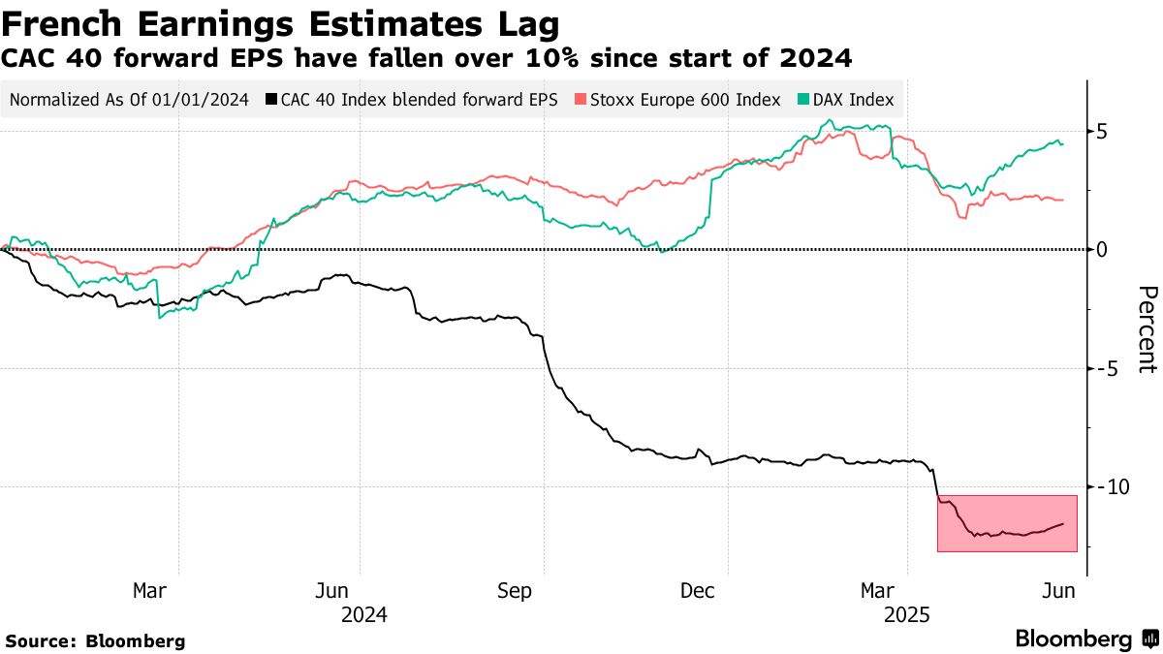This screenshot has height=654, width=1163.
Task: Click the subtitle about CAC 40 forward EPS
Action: coord(426,60)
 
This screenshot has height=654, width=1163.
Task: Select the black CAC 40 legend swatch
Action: coord(272,100)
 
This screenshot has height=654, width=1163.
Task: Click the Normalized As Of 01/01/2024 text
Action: coord(128,100)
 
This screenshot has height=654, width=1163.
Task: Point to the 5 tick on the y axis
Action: coord(1102,132)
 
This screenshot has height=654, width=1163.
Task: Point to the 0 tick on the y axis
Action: coord(1102,250)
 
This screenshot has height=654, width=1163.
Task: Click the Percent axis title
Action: coord(1147,329)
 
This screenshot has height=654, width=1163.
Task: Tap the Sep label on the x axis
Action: coord(514,590)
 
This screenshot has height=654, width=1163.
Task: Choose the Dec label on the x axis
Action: coord(697,590)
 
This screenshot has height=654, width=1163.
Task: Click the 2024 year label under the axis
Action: coord(364,615)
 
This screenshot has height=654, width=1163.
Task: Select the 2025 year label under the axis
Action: coord(907,615)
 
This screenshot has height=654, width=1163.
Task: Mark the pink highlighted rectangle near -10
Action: coord(1007,523)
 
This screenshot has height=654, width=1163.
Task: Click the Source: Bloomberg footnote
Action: coord(95,640)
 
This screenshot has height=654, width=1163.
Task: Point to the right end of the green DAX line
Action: coord(1062,144)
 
